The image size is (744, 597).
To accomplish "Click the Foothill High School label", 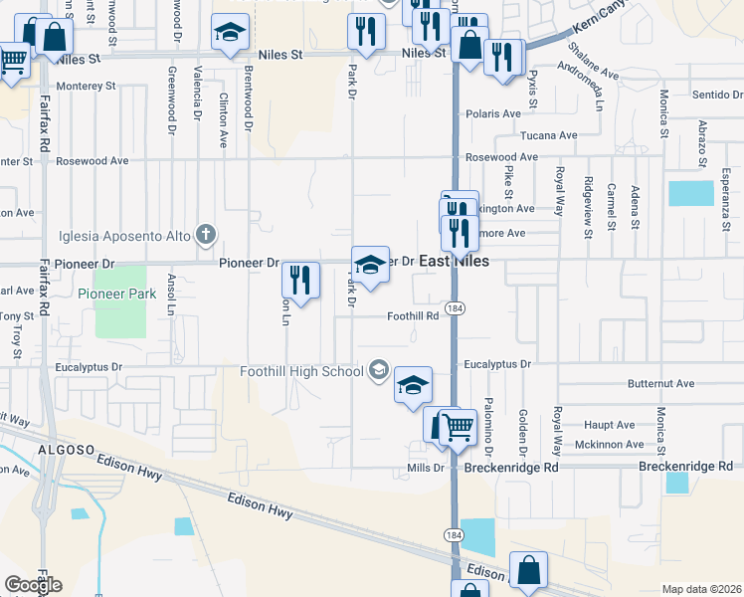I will pyautogui.click(x=302, y=372).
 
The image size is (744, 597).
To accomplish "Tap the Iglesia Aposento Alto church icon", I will pyautogui.click(x=206, y=236).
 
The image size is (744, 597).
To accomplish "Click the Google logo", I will pyautogui.click(x=33, y=584).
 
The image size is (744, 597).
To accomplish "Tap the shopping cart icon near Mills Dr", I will pyautogui.click(x=457, y=426).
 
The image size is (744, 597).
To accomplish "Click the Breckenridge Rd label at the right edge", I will pyautogui.click(x=685, y=466).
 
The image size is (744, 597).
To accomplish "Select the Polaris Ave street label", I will pyautogui.click(x=493, y=114).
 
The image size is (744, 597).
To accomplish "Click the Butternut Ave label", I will pyautogui.click(x=660, y=383).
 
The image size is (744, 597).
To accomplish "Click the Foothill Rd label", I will pyautogui.click(x=413, y=316).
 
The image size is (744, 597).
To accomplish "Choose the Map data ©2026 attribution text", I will pyautogui.click(x=701, y=589).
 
